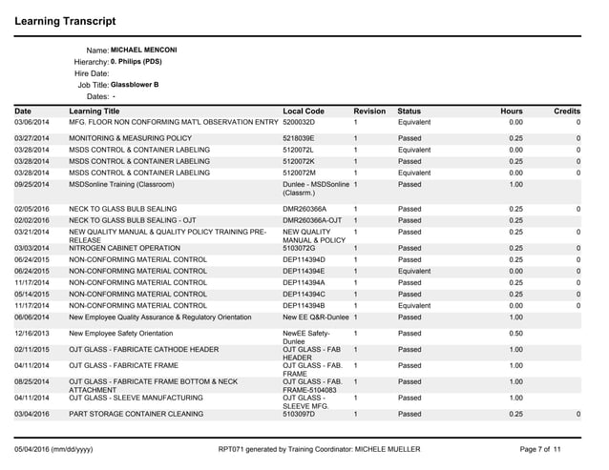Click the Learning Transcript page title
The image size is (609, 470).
click(x=66, y=20)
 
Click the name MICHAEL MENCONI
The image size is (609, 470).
click(x=144, y=50)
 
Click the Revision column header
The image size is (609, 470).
click(x=369, y=112)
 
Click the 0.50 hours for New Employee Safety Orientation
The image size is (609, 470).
click(x=514, y=334)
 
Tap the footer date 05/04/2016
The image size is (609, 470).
click(x=35, y=447)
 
